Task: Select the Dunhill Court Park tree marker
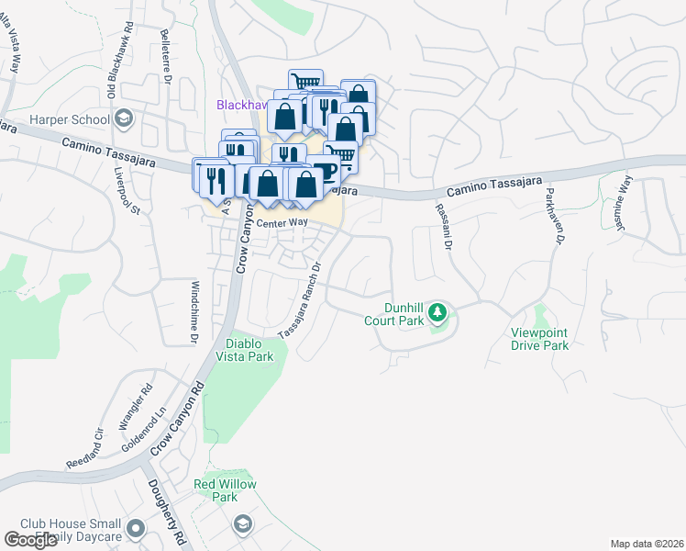tap(438, 313)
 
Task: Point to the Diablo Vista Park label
tap(245, 349)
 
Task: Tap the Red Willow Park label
tap(225, 490)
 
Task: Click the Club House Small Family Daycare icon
tap(137, 528)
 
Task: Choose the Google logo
tap(30, 541)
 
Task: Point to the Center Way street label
tap(282, 222)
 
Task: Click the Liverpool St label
tap(126, 191)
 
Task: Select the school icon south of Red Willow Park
tap(243, 524)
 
